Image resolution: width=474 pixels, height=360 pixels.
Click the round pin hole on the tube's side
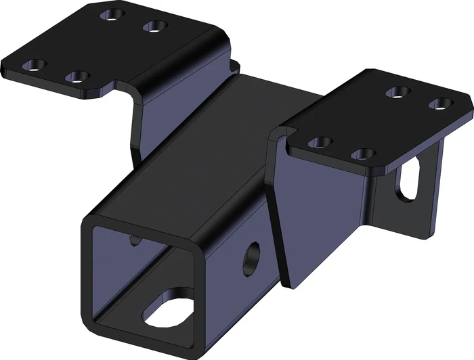[x=253, y=256]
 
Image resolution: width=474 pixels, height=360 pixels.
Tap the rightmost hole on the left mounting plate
[x=155, y=26]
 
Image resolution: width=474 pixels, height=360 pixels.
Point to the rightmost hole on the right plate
[x=441, y=104]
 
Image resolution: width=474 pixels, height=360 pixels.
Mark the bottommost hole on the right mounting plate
[x=364, y=155]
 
